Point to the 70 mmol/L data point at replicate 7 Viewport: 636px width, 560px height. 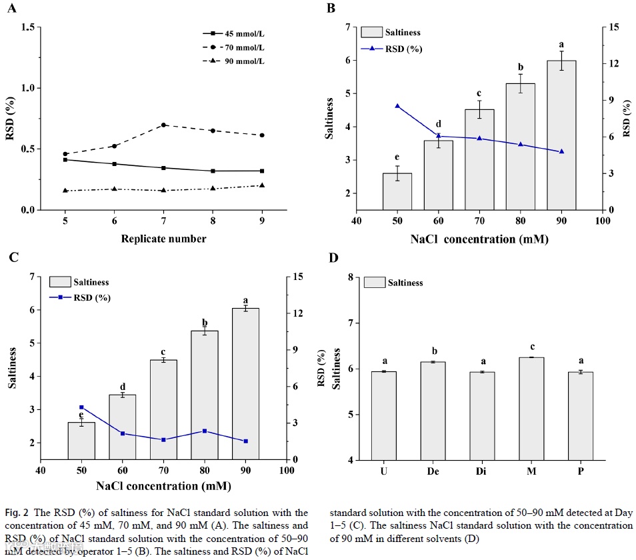tap(163, 125)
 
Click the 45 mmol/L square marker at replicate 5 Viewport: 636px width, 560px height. tap(65, 159)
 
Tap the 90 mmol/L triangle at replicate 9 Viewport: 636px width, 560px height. tap(262, 185)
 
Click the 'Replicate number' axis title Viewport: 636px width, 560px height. tap(163, 238)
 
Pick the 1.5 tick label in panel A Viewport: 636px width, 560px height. tap(28, 27)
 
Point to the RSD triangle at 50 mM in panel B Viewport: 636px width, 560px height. tap(397, 106)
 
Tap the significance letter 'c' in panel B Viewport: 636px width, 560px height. tap(479, 93)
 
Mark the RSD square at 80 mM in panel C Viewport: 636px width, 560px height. tap(205, 431)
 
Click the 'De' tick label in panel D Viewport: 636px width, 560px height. tap(433, 472)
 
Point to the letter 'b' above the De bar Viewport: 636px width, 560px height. tap(433, 351)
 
